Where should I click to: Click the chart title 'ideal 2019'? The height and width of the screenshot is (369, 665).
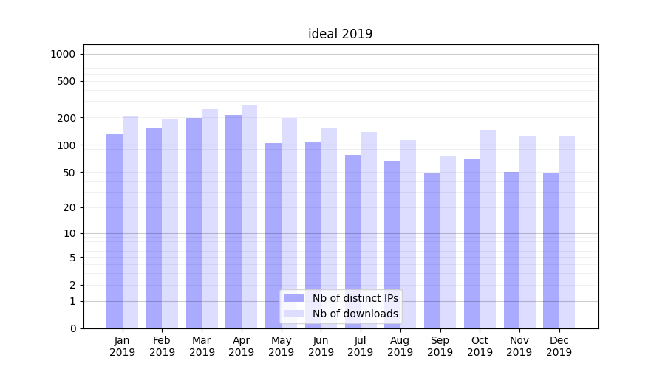tap(340, 34)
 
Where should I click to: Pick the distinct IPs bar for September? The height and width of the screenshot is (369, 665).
tap(432, 251)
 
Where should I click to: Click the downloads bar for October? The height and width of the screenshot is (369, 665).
tap(488, 229)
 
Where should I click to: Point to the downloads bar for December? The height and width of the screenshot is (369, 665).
tap(567, 232)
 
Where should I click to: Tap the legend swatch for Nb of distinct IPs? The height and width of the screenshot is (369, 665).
tap(294, 298)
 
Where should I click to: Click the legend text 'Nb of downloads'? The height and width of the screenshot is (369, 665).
tap(355, 314)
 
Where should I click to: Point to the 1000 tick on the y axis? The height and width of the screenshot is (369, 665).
tap(63, 54)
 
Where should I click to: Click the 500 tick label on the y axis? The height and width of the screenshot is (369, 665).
tap(66, 81)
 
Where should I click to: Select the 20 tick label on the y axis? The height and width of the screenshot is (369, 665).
tap(69, 207)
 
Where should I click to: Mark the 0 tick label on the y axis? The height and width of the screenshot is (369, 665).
tap(72, 328)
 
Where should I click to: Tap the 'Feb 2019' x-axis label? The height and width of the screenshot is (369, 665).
tap(162, 346)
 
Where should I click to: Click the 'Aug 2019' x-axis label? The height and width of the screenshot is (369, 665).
tap(400, 346)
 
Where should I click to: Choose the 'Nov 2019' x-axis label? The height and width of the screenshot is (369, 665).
tap(519, 346)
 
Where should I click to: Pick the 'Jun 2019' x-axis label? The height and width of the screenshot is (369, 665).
tap(321, 346)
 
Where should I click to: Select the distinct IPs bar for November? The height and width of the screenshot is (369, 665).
tap(511, 250)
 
